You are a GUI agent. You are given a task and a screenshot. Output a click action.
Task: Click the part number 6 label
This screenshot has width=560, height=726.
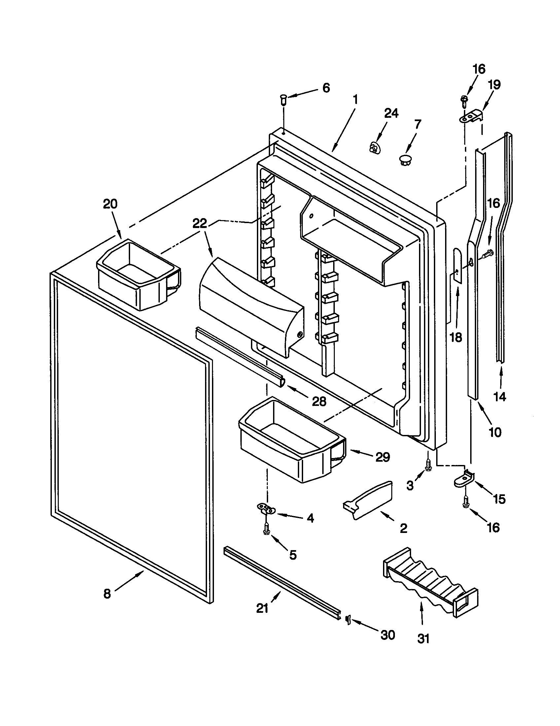point(326,88)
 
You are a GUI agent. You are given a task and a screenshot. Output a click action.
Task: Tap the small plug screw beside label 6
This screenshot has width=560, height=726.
point(283,99)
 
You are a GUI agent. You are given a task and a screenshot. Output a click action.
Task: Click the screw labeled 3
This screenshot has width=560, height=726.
point(428,464)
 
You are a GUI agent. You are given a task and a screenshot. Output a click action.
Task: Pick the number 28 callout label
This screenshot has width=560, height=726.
point(319,402)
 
